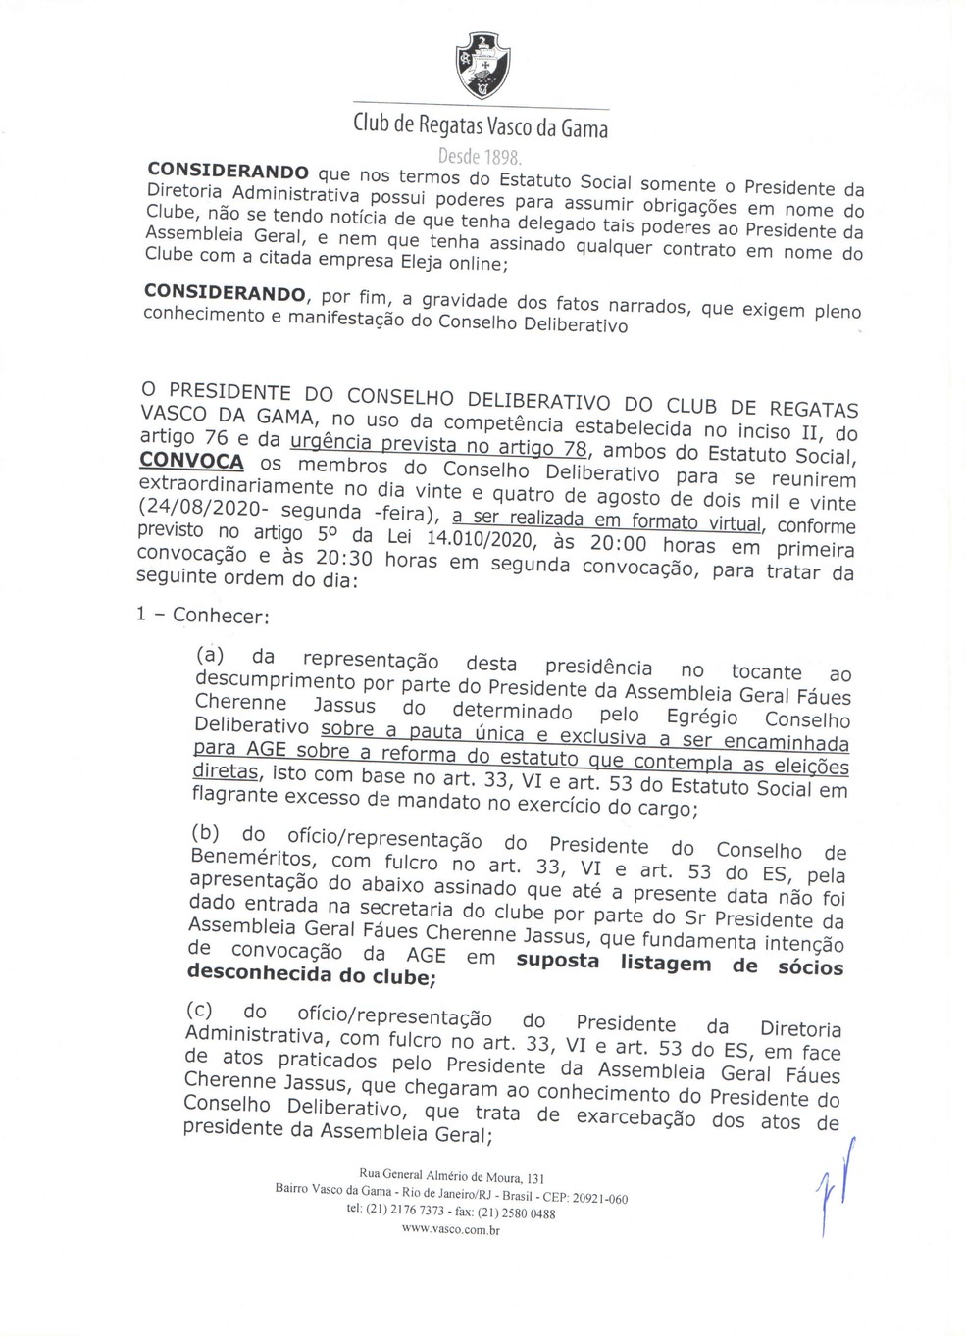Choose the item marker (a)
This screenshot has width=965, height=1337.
coord(211,654)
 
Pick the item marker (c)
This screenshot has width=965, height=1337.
coord(201,1009)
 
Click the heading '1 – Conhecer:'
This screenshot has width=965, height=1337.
coord(203,615)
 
